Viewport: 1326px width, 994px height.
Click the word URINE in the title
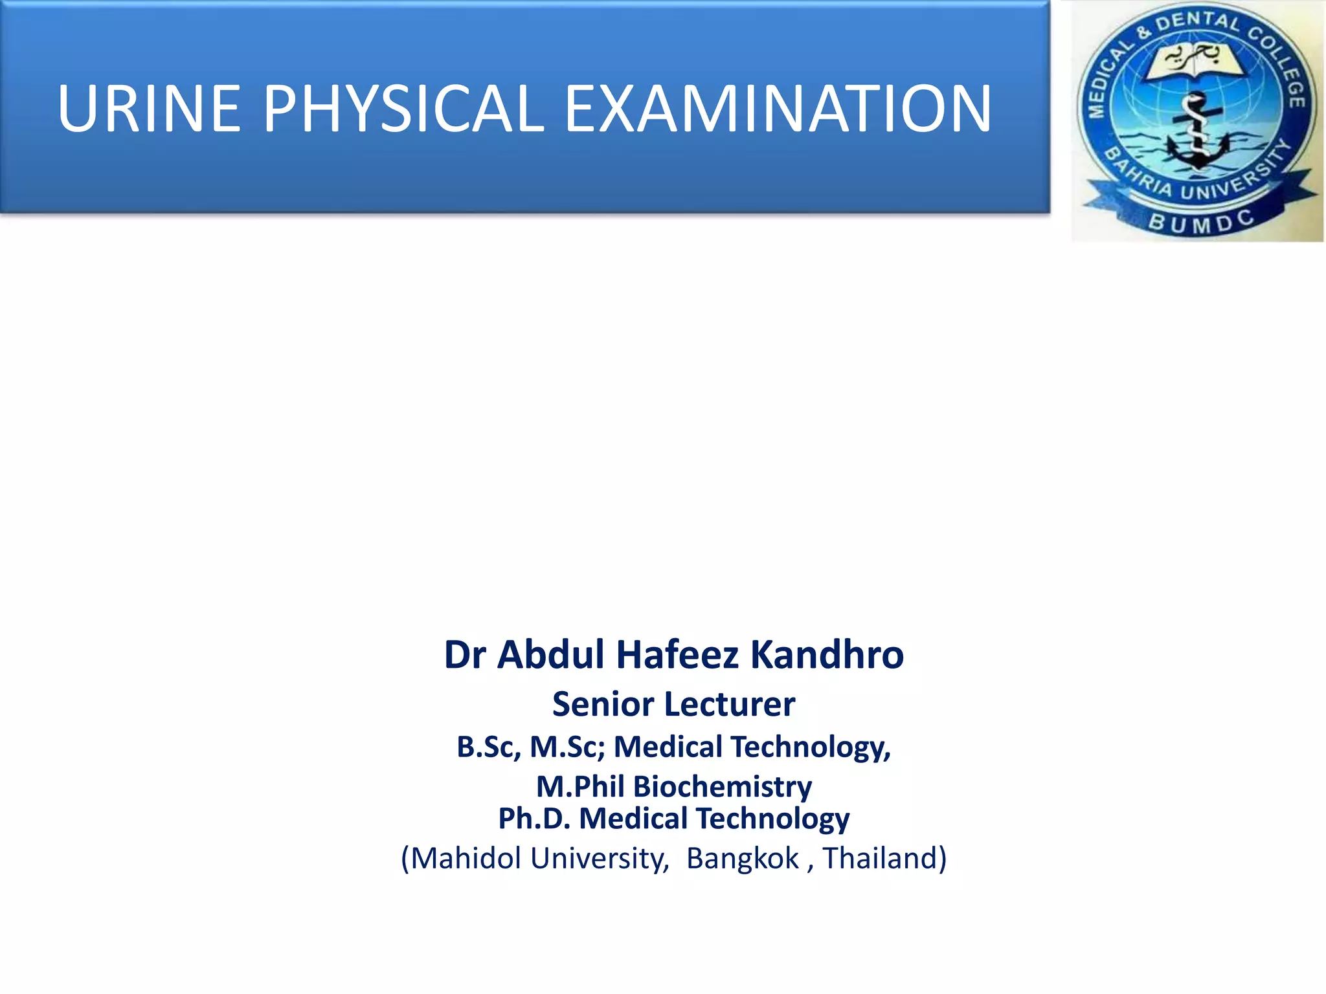[x=150, y=109]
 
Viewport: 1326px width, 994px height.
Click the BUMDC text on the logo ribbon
[x=1201, y=222]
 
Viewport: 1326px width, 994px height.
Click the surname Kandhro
[x=827, y=654]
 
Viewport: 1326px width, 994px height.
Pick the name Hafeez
[x=677, y=654]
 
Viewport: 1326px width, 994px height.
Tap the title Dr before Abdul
[x=464, y=654]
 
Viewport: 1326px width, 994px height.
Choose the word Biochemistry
[x=723, y=787]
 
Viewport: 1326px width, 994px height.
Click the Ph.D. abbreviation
[x=534, y=819]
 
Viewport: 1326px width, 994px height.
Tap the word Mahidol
[x=466, y=858]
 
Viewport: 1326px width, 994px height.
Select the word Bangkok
[x=743, y=858]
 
